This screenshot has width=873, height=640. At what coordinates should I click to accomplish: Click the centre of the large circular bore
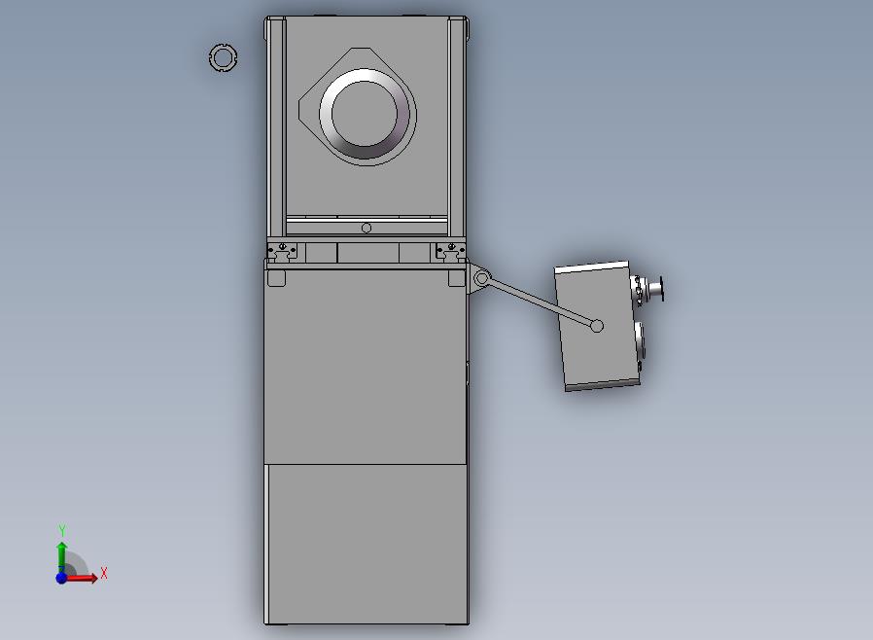coord(365,114)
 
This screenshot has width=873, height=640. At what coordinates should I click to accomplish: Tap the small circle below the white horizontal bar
coord(367,228)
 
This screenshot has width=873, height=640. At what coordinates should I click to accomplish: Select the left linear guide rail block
coord(282,251)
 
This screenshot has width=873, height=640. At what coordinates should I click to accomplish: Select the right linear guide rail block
coord(450,251)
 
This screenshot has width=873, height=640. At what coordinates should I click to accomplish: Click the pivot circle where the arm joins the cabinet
coord(481,277)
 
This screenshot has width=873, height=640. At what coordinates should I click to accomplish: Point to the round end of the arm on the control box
coord(597,326)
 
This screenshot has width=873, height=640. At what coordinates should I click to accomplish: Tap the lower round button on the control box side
coord(641,338)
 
